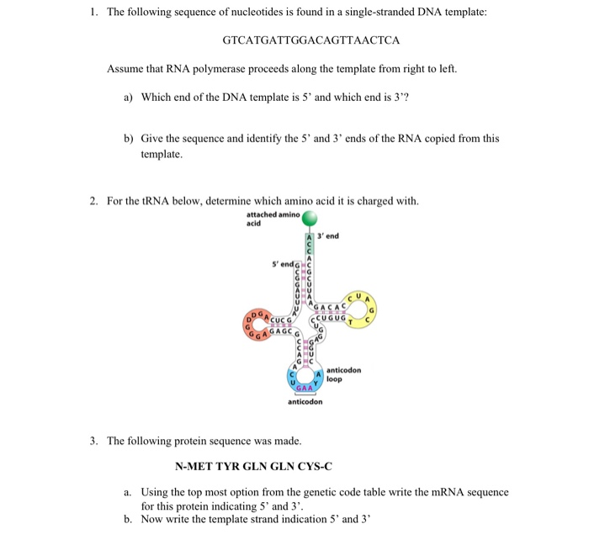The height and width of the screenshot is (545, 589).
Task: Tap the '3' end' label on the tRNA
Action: [328, 236]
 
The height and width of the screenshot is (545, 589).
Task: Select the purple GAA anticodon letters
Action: [303, 388]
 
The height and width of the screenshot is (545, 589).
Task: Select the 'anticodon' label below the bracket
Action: [304, 402]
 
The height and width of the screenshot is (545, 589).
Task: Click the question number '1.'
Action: [93, 13]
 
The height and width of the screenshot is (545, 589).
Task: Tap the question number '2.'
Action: [93, 200]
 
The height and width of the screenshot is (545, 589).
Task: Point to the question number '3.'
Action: [93, 441]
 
